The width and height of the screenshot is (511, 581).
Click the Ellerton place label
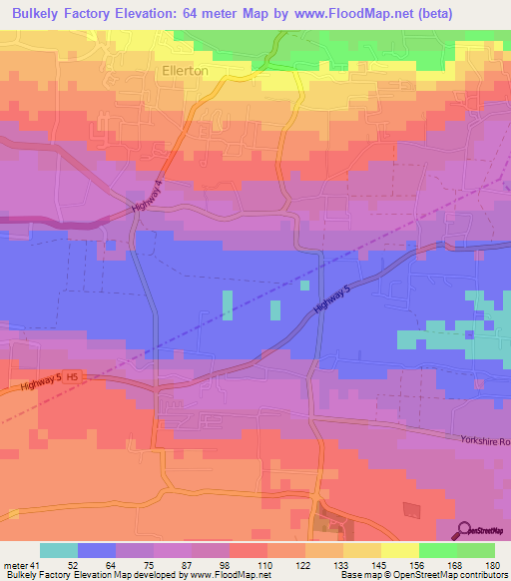coord(185,71)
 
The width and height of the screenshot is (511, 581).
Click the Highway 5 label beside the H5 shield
coord(28,383)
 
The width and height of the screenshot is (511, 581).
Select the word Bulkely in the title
coord(38,13)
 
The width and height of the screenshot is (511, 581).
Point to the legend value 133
coord(324,566)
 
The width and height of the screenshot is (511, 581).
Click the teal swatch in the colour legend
coord(59,551)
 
